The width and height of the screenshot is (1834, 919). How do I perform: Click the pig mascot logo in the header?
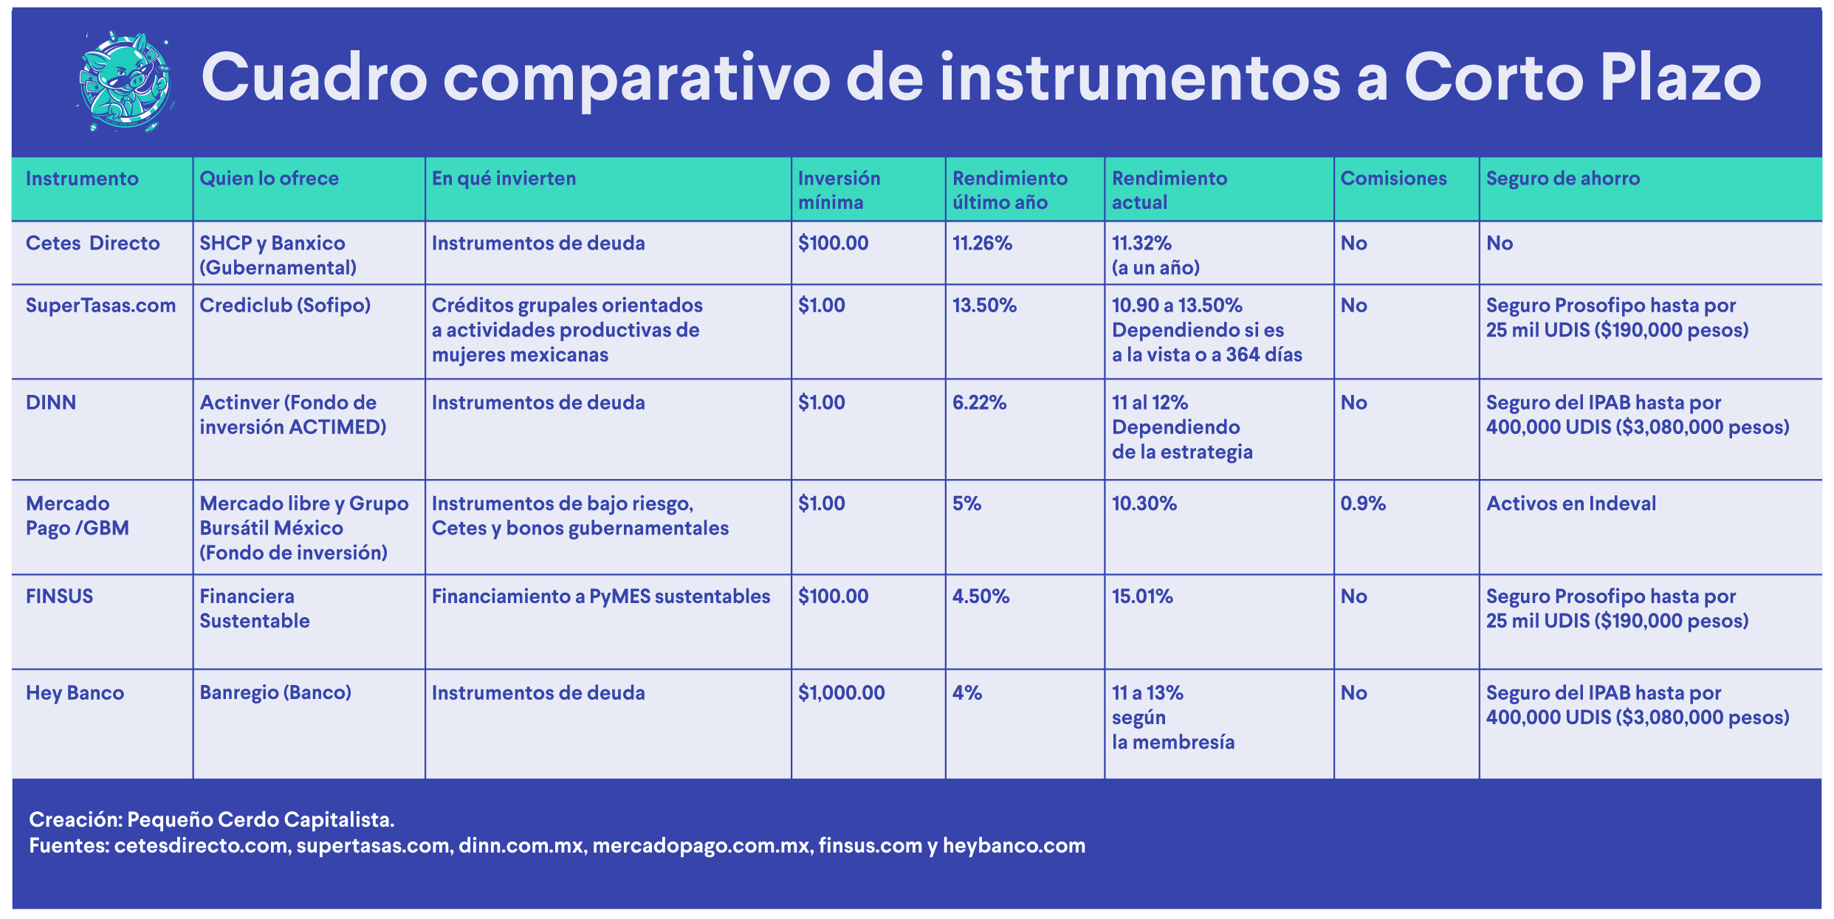[x=126, y=81]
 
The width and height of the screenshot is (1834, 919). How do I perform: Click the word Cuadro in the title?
[x=315, y=78]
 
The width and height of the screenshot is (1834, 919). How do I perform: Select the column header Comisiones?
[x=1393, y=179]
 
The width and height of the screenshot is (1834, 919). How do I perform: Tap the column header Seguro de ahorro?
[x=1562, y=179]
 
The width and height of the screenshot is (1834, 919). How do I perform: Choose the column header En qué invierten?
[x=504, y=179]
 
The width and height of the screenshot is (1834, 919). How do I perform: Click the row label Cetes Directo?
[x=92, y=243]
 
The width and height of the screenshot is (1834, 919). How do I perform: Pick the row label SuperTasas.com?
[x=100, y=306]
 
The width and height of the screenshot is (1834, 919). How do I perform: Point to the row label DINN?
[x=51, y=402]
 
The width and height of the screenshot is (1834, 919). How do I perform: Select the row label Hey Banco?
[x=75, y=693]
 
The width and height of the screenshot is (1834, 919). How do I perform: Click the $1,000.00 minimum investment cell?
[x=841, y=692]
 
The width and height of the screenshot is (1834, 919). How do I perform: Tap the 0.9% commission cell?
[x=1363, y=503]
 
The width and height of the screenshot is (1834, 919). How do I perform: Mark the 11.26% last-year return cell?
[x=982, y=243]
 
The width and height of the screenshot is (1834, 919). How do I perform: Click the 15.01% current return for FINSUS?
[x=1142, y=596]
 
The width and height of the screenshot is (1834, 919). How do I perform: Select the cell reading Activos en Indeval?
[x=1571, y=503]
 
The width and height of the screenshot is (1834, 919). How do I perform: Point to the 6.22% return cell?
[x=979, y=402]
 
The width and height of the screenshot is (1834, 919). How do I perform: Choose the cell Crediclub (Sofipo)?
[x=285, y=306]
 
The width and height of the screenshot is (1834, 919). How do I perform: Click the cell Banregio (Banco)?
[x=275, y=693]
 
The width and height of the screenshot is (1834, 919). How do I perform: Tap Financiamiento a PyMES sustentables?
[x=601, y=596]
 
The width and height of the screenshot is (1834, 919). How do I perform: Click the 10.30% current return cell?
[x=1144, y=503]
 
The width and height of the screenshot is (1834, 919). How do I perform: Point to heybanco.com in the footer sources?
[x=1014, y=846]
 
